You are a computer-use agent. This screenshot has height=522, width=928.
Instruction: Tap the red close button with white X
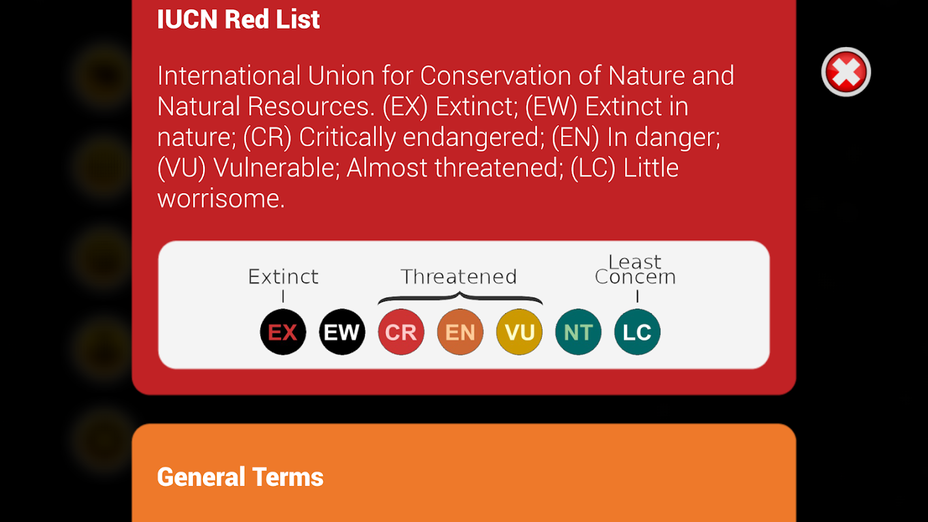click(x=846, y=72)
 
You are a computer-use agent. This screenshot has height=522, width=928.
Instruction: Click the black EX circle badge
click(x=283, y=332)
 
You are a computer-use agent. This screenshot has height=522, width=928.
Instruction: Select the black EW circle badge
click(x=342, y=332)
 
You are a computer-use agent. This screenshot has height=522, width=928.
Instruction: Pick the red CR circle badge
click(x=401, y=332)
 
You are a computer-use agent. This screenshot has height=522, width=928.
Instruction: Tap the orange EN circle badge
click(x=460, y=332)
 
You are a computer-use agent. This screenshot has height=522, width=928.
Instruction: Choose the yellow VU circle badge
click(x=519, y=332)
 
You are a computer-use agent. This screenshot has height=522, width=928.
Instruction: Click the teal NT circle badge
click(x=578, y=332)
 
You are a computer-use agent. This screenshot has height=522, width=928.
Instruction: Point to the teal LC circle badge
click(x=637, y=332)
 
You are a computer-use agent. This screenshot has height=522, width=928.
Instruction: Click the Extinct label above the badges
click(x=283, y=277)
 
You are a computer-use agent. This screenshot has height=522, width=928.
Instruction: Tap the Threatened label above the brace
click(x=459, y=277)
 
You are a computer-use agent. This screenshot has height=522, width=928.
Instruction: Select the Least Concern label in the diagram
click(x=635, y=269)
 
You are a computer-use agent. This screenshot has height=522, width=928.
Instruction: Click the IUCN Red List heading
click(x=238, y=19)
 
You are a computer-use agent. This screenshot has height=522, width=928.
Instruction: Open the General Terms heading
click(x=240, y=477)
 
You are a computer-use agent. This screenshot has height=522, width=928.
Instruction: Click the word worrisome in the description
click(x=221, y=199)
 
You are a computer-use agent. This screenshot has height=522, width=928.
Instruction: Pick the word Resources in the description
click(x=311, y=106)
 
